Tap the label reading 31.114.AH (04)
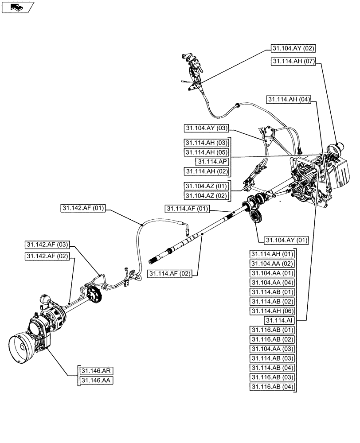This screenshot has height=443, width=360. click(x=288, y=100)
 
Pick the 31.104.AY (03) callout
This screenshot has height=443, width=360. click(x=206, y=128)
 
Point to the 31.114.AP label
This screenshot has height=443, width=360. click(x=212, y=162)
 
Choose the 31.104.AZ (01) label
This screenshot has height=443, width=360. click(x=206, y=186)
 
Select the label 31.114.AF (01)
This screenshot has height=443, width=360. click(x=187, y=209)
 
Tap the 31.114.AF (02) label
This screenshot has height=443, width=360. click(x=170, y=274)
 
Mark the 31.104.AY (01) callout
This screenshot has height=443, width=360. click(x=286, y=241)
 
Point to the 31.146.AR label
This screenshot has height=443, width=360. click(x=95, y=371)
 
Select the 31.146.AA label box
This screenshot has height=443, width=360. click(x=95, y=380)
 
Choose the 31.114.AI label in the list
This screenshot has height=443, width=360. click(x=279, y=320)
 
